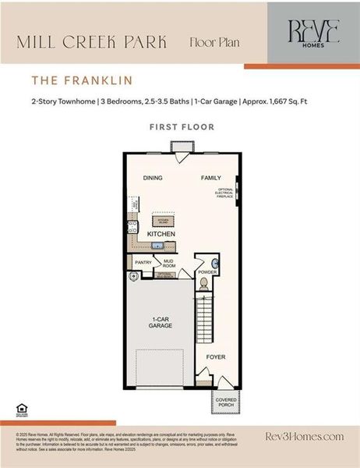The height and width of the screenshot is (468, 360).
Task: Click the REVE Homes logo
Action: pyautogui.click(x=303, y=33)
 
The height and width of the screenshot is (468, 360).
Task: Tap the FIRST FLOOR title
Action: pyautogui.click(x=181, y=126)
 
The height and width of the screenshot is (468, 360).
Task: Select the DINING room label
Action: pyautogui.click(x=153, y=178)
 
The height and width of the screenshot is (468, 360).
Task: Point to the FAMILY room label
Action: pyautogui.click(x=211, y=178)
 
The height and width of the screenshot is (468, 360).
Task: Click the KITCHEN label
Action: pyautogui.click(x=161, y=234)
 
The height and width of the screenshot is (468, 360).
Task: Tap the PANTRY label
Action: pyautogui.click(x=143, y=263)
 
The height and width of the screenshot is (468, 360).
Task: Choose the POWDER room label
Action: pyautogui.click(x=206, y=271)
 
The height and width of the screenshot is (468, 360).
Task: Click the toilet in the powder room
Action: pyautogui.click(x=204, y=282)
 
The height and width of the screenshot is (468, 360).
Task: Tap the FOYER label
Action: pyautogui.click(x=215, y=356)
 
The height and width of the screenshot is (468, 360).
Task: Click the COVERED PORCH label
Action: pyautogui.click(x=226, y=402)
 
